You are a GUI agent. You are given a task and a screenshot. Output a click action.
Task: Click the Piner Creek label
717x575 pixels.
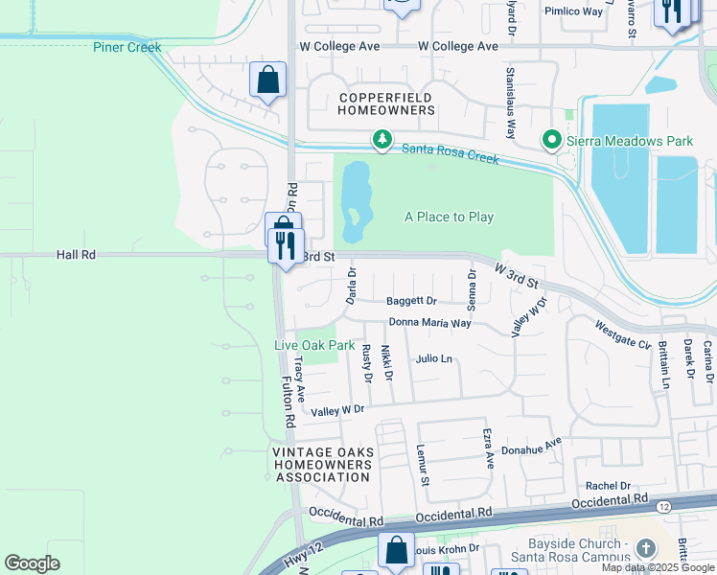[x=127, y=47]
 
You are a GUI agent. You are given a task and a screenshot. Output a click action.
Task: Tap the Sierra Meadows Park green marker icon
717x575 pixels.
[x=551, y=141]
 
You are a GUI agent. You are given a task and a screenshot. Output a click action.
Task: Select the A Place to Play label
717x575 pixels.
[x=449, y=217]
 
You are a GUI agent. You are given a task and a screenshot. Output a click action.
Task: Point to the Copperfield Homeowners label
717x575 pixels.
[x=386, y=103]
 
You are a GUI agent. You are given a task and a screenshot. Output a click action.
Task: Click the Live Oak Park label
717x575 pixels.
[x=314, y=345]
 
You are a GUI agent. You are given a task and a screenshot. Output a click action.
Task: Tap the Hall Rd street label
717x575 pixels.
[x=77, y=255]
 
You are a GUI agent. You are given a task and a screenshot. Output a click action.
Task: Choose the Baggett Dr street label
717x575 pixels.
[x=411, y=301]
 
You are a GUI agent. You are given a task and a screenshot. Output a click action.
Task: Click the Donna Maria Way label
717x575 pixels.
[x=428, y=323]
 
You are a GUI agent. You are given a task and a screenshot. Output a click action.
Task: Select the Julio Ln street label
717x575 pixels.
[x=433, y=358]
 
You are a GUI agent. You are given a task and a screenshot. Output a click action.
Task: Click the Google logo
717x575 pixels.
[x=32, y=563]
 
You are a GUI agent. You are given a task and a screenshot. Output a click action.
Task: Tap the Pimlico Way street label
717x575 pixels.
[x=573, y=11]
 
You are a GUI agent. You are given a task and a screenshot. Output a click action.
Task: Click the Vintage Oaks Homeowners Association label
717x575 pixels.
[x=320, y=465]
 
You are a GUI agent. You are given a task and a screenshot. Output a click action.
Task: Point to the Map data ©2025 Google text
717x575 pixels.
[x=658, y=568]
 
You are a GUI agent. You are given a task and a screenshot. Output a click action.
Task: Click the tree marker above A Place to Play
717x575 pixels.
[x=382, y=141]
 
